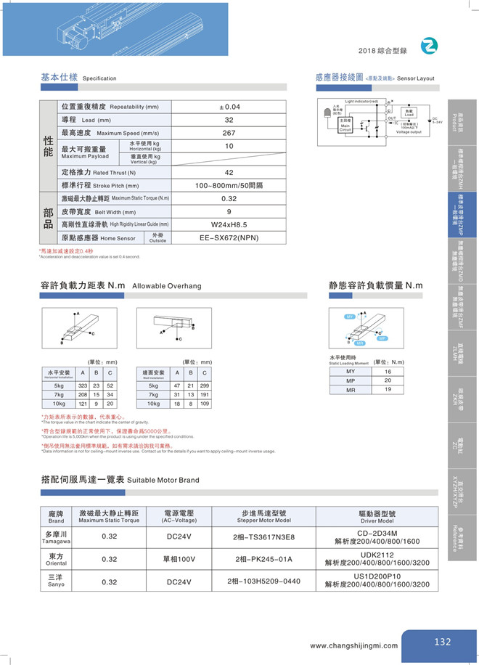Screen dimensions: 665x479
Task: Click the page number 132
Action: pyautogui.click(x=443, y=642)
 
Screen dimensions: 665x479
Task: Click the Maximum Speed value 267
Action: pyautogui.click(x=229, y=133)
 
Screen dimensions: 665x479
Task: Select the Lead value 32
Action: pyautogui.click(x=229, y=120)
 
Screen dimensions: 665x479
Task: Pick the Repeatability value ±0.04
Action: pyautogui.click(x=229, y=107)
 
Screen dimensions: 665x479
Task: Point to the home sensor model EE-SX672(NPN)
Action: pyautogui.click(x=229, y=237)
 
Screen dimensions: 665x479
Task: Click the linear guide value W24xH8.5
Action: pyautogui.click(x=229, y=224)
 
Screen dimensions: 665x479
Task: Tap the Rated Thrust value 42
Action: pyautogui.click(x=229, y=172)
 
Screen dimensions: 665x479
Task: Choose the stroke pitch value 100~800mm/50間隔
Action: pyautogui.click(x=229, y=185)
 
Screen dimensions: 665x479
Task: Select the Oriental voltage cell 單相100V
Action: pyautogui.click(x=182, y=559)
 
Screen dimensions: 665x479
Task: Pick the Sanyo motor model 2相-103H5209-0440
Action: pyautogui.click(x=263, y=581)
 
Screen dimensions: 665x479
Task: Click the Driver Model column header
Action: pyautogui.click(x=377, y=517)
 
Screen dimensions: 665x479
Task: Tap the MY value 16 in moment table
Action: pyautogui.click(x=388, y=371)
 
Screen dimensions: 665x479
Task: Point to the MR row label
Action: pyautogui.click(x=351, y=390)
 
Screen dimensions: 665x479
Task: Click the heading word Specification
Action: pyautogui.click(x=99, y=78)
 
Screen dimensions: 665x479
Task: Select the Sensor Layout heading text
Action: pyautogui.click(x=417, y=77)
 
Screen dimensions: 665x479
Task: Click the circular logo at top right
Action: pyautogui.click(x=431, y=46)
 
